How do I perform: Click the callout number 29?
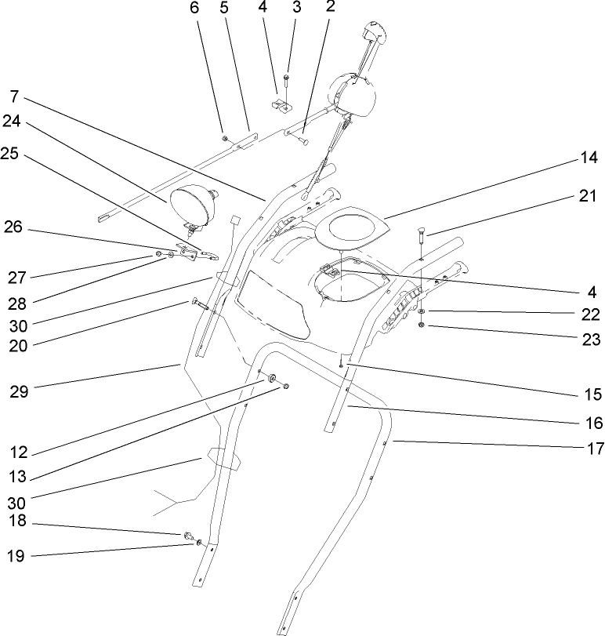click(x=20, y=392)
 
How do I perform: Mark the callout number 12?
click(x=20, y=452)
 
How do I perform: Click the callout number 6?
click(x=195, y=9)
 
